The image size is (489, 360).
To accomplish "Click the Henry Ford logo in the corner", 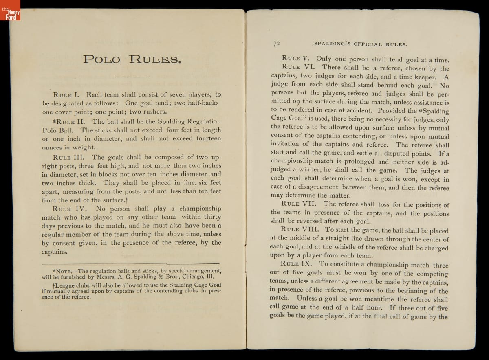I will [x=10, y=10].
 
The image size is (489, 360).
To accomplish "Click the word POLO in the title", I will [x=101, y=59].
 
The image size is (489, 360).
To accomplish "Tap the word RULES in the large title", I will [x=154, y=59].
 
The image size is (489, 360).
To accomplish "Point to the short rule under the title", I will [x=133, y=77].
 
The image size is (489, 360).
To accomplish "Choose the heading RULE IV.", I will [x=68, y=209].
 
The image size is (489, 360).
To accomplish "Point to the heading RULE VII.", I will [x=300, y=204].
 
